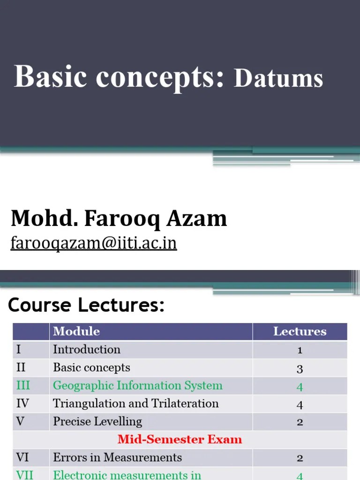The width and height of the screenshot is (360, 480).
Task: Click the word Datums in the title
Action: click(278, 78)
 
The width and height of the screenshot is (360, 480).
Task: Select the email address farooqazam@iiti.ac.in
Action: click(94, 243)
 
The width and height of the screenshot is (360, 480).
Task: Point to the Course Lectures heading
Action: click(86, 306)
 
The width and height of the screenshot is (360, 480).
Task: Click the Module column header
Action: click(76, 331)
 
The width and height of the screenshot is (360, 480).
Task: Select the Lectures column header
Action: click(300, 331)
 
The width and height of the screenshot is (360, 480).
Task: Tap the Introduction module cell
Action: click(87, 350)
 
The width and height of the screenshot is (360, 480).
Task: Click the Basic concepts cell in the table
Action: click(91, 367)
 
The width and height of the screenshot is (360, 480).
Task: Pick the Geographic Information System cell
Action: click(137, 386)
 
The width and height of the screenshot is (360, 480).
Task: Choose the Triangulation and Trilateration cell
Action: click(135, 404)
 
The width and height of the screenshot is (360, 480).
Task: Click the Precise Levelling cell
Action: click(97, 421)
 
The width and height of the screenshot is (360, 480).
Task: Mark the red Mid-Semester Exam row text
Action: click(180, 439)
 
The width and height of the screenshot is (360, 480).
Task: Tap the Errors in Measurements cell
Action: click(117, 457)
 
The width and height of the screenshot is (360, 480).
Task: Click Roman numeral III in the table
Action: click(23, 386)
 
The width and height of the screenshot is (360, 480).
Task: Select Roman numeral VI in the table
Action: click(22, 457)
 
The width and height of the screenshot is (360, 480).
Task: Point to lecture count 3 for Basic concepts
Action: click(300, 368)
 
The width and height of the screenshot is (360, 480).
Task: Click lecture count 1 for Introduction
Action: click(300, 350)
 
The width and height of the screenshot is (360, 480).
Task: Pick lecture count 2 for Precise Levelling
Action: click(300, 422)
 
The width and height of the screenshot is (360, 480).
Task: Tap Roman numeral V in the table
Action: click(20, 421)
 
